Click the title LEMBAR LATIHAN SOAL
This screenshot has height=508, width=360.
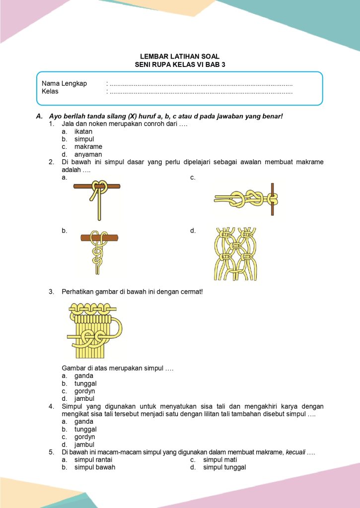pos(180,57)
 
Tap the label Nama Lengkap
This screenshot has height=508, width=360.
pos(64,83)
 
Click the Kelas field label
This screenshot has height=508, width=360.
pos(50,91)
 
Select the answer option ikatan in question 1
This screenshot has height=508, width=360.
pos(83,131)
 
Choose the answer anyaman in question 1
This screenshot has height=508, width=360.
pos(88,154)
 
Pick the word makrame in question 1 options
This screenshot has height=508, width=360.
pos(88,147)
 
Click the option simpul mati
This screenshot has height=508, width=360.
pos(220,459)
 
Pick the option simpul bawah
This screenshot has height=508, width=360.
pos(95,467)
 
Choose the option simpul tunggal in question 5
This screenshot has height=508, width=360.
pos(224,467)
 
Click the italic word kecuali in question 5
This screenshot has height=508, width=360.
pos(296,452)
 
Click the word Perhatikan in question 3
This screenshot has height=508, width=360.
pos(77,292)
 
